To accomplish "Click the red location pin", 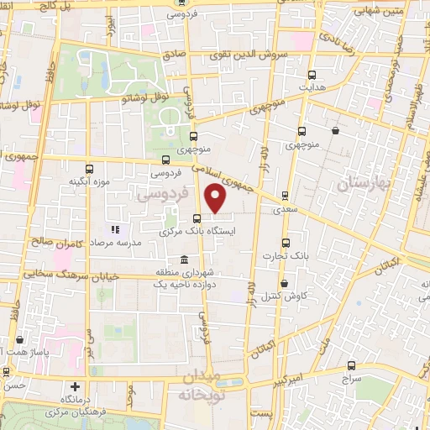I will click(216, 199).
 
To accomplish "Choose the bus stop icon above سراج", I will click(350, 366).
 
